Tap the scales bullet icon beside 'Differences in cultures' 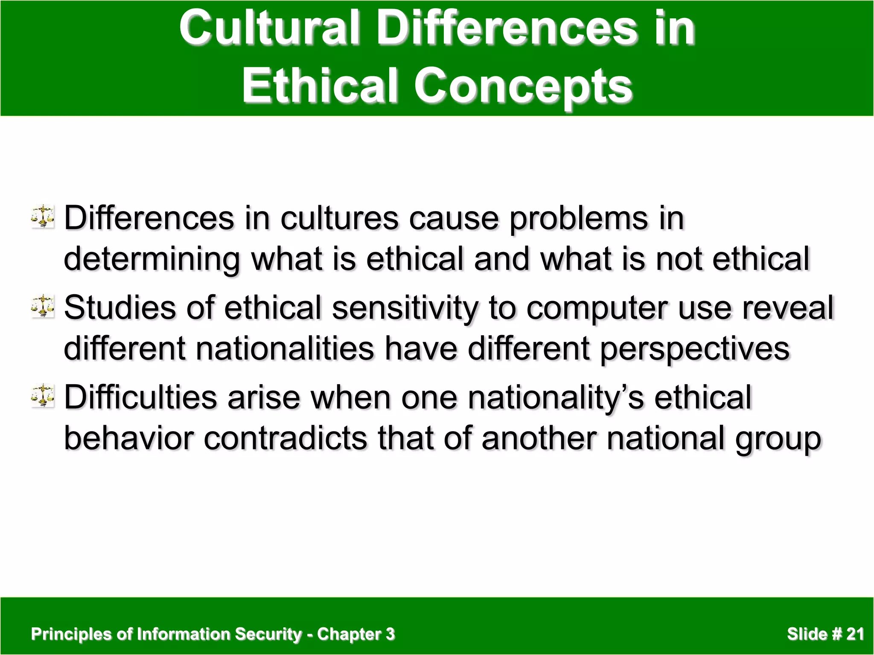click(x=43, y=216)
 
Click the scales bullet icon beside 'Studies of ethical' click(x=43, y=306)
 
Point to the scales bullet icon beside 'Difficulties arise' click(x=43, y=395)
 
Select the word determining click(x=151, y=260)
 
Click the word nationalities click(x=285, y=349)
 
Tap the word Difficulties click(x=140, y=397)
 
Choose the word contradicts click(x=285, y=438)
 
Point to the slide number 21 click(x=855, y=634)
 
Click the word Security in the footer click(x=268, y=634)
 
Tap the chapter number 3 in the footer click(x=390, y=634)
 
